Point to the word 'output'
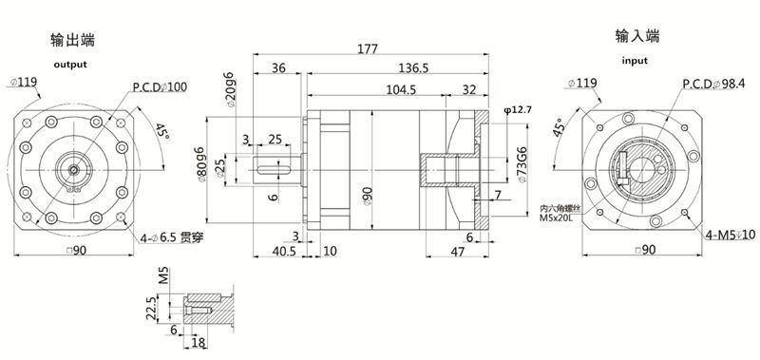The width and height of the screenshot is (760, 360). click(x=69, y=65)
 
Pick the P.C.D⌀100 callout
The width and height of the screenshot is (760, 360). click(x=160, y=87)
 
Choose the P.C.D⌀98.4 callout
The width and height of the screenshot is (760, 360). click(x=714, y=84)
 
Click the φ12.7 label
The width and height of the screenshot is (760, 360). click(x=517, y=111)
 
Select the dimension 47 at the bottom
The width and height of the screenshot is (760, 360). click(x=457, y=253)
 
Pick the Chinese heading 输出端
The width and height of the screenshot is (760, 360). click(x=72, y=41)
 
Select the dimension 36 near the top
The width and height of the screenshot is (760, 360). click(x=279, y=68)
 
